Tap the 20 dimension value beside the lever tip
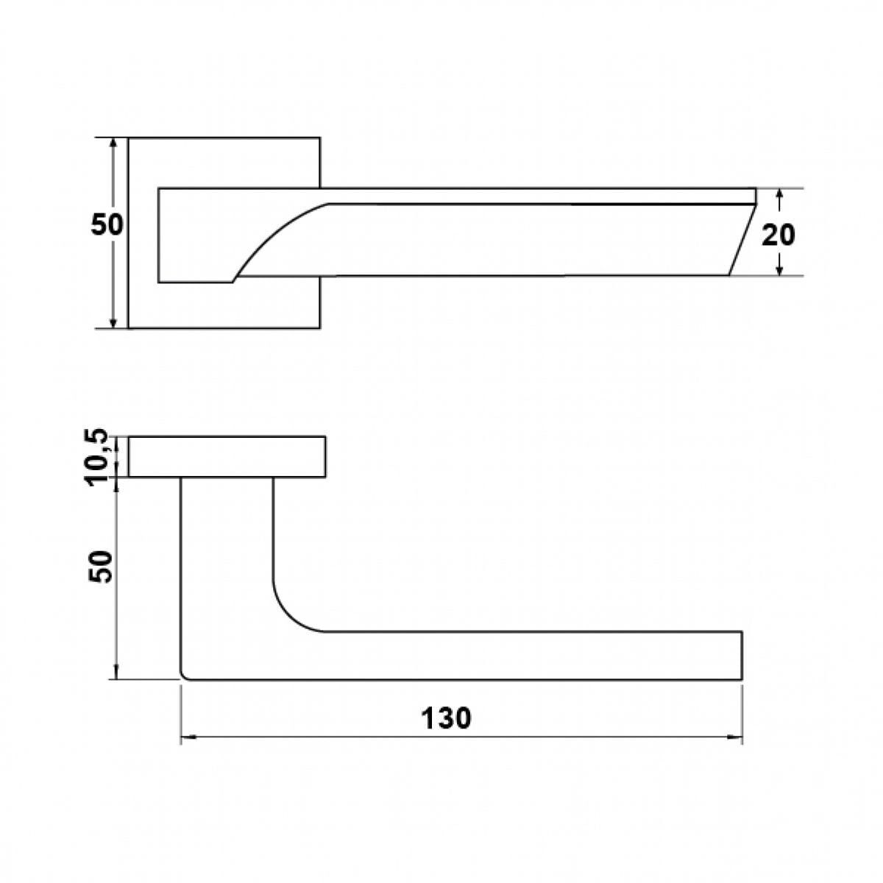click(x=778, y=235)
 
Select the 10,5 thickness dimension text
click(x=97, y=457)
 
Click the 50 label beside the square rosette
click(x=107, y=224)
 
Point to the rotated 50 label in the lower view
click(x=100, y=567)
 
